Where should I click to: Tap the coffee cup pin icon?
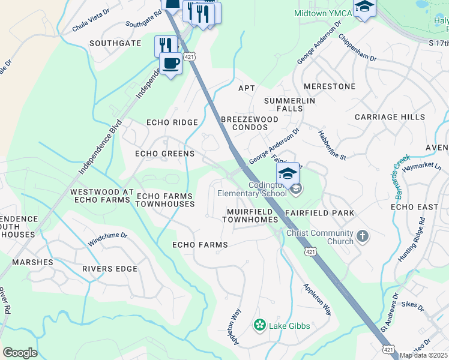[170, 64]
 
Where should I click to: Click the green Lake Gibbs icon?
[259, 325]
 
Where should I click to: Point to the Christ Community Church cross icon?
[362, 236]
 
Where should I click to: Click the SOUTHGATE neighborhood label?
[115, 43]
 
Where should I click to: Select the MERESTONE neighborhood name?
[330, 86]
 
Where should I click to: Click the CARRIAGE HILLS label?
[390, 117]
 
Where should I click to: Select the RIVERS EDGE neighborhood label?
[110, 269]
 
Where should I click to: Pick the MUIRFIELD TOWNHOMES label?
[250, 216]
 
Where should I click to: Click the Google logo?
[20, 353]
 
